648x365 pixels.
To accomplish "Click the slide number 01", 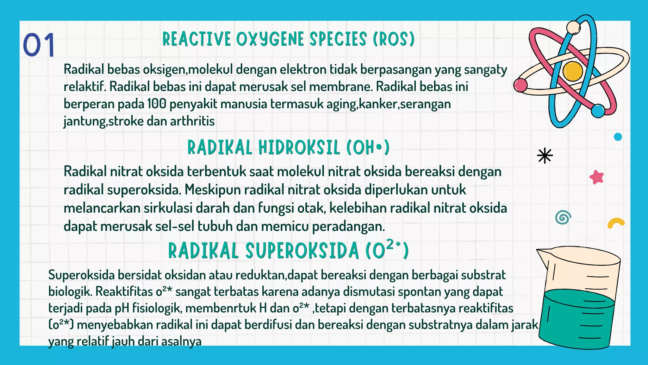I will point(39,45).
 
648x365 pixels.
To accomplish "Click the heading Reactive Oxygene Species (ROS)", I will point(288,39).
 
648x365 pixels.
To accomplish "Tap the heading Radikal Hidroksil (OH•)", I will point(288,148).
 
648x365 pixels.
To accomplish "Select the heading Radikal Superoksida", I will point(288,251).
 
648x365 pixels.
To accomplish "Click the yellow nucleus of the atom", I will point(573,71).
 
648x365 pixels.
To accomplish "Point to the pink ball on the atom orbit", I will point(520,85).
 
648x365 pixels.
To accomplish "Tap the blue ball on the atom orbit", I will point(598,111).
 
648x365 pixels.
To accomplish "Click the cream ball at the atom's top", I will point(573,28).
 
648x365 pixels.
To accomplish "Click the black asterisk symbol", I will point(545,156).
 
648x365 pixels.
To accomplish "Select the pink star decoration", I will point(596,177).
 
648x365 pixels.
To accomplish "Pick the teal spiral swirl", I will point(563,218).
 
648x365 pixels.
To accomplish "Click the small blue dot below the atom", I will point(618,137).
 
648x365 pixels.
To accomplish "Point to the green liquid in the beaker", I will point(576,320).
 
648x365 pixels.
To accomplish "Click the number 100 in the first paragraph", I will point(157,104).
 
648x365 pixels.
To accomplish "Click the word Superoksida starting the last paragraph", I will point(81,275).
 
